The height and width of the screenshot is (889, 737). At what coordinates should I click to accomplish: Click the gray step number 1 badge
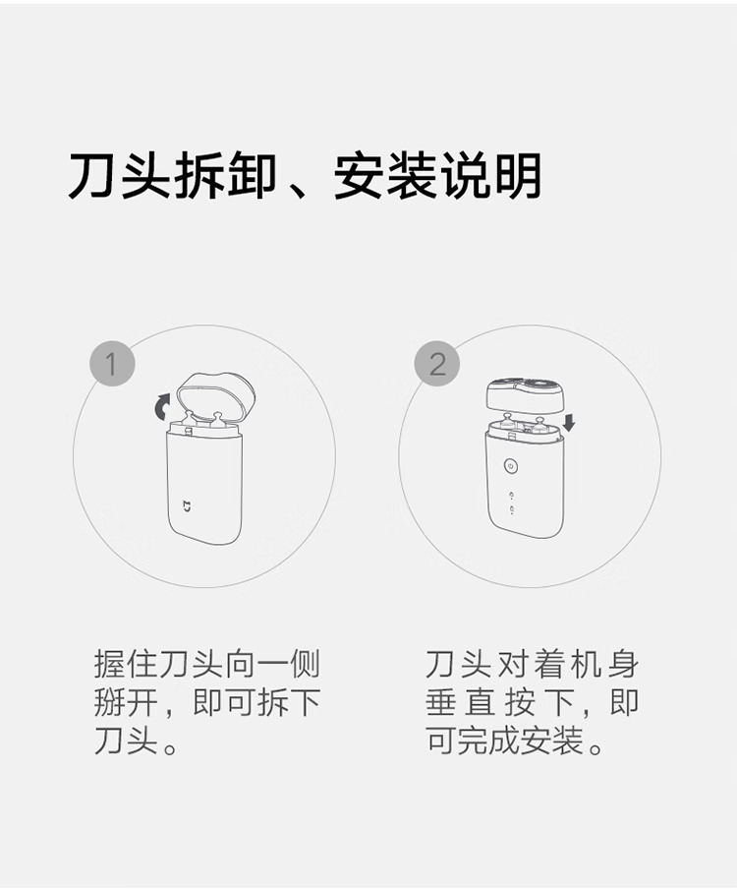click(112, 364)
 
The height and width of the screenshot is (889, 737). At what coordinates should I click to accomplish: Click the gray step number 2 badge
click(436, 364)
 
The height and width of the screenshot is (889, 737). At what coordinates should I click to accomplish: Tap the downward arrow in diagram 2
click(569, 422)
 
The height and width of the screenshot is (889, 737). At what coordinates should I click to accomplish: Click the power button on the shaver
click(511, 466)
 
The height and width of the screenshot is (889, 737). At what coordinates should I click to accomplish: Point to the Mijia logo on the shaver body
click(187, 505)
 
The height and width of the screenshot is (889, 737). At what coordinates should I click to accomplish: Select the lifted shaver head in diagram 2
click(525, 394)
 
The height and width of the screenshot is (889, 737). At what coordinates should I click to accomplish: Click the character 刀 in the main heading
click(92, 176)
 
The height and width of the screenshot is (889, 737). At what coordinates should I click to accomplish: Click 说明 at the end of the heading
click(490, 176)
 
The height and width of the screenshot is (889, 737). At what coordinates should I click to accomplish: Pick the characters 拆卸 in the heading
click(225, 176)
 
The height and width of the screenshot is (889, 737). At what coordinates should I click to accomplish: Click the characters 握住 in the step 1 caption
click(127, 665)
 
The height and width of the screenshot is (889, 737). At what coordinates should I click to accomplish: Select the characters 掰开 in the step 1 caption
click(127, 702)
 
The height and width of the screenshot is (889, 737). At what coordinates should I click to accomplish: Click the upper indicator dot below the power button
click(512, 495)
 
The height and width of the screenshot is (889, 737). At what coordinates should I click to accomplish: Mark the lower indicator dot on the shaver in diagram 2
click(512, 509)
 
